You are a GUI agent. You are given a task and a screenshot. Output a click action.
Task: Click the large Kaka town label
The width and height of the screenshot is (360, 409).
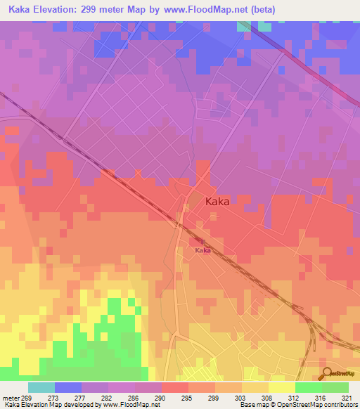click(x=217, y=201)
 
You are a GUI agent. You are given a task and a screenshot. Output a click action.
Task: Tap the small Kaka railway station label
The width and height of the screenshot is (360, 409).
click(x=202, y=250)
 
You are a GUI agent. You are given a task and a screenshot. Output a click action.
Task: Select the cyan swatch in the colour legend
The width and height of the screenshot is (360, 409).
click(x=41, y=387)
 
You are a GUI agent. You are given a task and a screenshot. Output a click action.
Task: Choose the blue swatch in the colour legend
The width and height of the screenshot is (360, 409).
click(x=68, y=387)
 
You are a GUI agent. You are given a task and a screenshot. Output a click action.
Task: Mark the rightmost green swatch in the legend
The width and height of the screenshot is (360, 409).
click(x=335, y=387)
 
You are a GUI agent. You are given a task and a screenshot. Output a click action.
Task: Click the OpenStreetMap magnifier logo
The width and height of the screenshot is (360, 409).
click(x=326, y=372)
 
